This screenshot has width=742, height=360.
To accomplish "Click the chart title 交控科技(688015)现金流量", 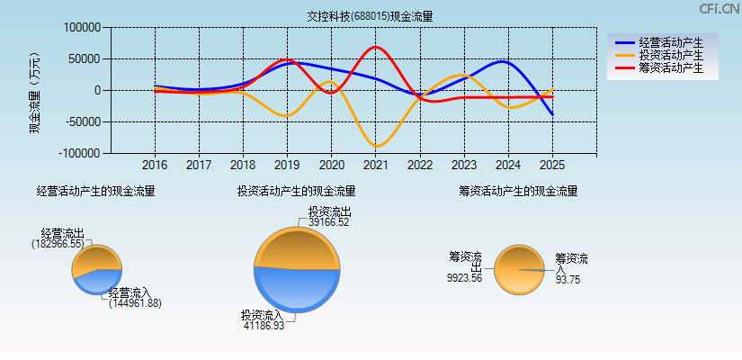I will [370, 16].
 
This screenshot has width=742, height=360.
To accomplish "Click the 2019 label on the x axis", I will [287, 166].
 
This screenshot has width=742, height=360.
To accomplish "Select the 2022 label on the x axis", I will [419, 166].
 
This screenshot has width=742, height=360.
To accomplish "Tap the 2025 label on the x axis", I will [551, 166].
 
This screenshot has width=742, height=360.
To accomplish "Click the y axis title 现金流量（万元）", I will [35, 91].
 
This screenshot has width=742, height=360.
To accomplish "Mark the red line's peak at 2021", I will [375, 47].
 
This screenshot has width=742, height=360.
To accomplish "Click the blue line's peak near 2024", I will [503, 61].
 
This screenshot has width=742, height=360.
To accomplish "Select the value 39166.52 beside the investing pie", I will [328, 222].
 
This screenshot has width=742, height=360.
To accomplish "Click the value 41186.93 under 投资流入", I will [264, 326].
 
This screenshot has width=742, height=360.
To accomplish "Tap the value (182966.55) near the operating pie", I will [58, 244].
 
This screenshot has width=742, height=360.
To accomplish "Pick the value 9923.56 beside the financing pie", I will [464, 278].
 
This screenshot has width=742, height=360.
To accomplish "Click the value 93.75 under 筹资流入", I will [568, 280].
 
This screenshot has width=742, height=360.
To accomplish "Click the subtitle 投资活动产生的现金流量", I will [296, 191].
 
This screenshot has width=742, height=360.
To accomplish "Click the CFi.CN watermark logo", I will [719, 9].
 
